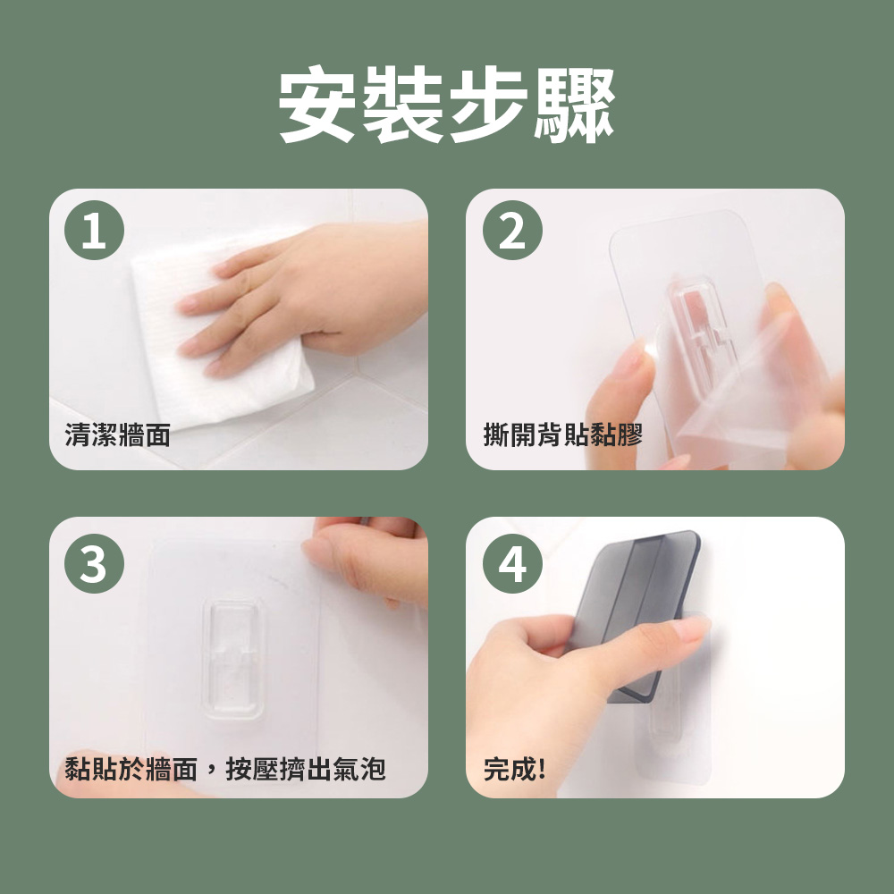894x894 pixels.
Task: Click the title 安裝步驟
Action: (447, 105)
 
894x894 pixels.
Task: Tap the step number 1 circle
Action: (94, 231)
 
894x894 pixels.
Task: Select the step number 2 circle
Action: (512, 231)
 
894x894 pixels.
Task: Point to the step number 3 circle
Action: (94, 563)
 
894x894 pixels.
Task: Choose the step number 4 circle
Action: (512, 563)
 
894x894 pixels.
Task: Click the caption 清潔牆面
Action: (117, 435)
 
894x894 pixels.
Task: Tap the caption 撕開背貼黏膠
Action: (563, 435)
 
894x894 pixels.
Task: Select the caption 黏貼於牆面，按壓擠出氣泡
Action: (225, 769)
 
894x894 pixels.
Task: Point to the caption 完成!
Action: (514, 769)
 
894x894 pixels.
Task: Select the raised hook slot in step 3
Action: (233, 659)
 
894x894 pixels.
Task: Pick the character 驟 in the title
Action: (575, 105)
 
